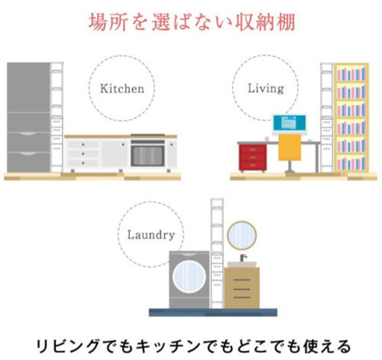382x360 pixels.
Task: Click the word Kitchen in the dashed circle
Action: pyautogui.click(x=122, y=89)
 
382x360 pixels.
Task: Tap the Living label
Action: pyautogui.click(x=266, y=89)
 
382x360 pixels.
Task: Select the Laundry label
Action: pyautogui.click(x=151, y=235)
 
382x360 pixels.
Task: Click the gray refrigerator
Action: pyautogui.click(x=28, y=117)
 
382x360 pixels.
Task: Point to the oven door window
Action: pyautogui.click(x=148, y=156)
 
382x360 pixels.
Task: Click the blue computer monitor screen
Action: pyautogui.click(x=289, y=123)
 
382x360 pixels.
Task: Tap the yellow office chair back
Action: pyautogui.click(x=289, y=148)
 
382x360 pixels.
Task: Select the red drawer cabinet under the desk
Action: pyautogui.click(x=252, y=158)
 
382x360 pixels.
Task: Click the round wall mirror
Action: pyautogui.click(x=242, y=236)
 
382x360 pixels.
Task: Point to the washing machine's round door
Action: pyautogui.click(x=190, y=277)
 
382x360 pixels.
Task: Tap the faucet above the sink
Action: pyautogui.click(x=243, y=258)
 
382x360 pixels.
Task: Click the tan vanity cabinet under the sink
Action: pyautogui.click(x=242, y=288)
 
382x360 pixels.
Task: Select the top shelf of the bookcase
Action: pyautogui.click(x=351, y=74)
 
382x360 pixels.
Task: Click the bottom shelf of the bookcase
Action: pyautogui.click(x=351, y=163)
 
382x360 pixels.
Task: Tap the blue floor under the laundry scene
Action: pyautogui.click(x=213, y=312)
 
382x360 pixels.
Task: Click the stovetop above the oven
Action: pyautogui.click(x=148, y=135)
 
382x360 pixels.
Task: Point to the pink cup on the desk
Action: pyautogui.click(x=267, y=139)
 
